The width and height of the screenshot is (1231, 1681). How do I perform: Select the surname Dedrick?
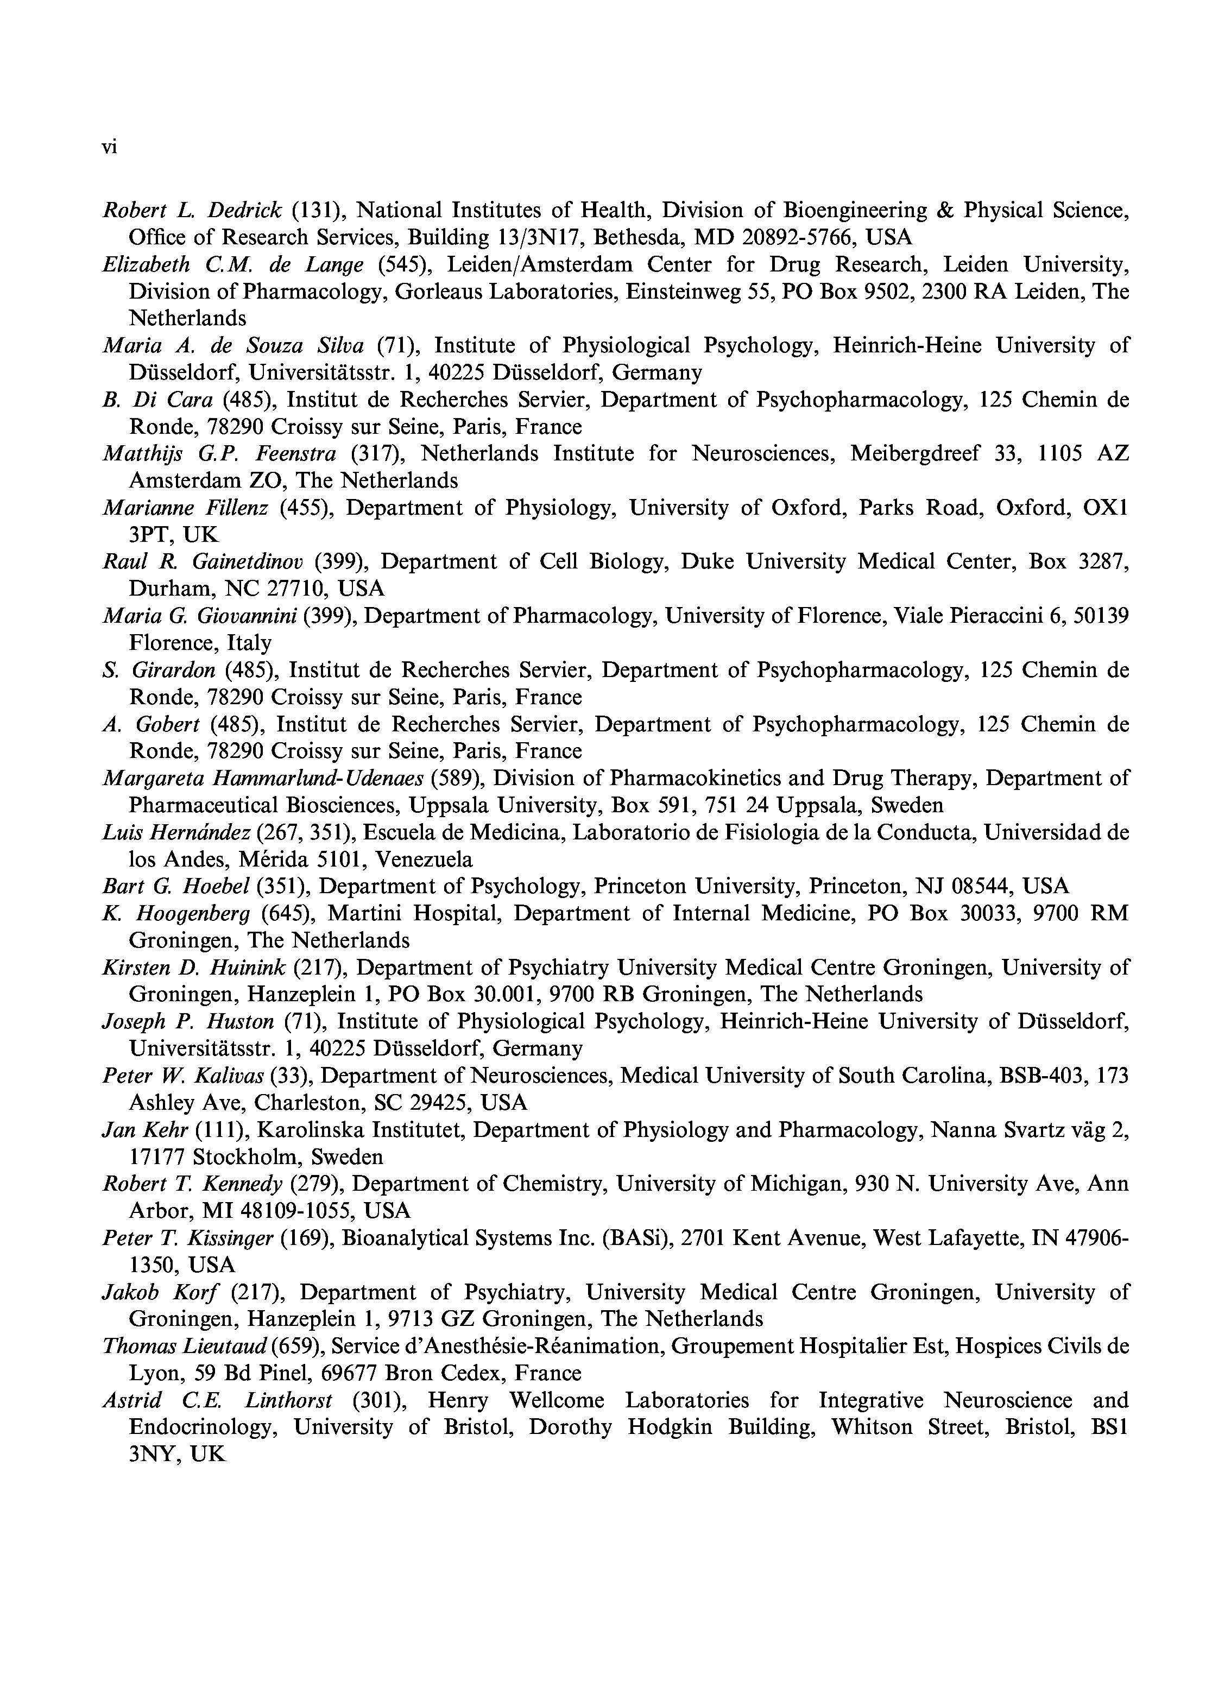pyautogui.click(x=245, y=211)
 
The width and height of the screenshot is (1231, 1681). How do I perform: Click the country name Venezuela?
pyautogui.click(x=424, y=859)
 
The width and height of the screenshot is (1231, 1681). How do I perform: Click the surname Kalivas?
pyautogui.click(x=228, y=1075)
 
